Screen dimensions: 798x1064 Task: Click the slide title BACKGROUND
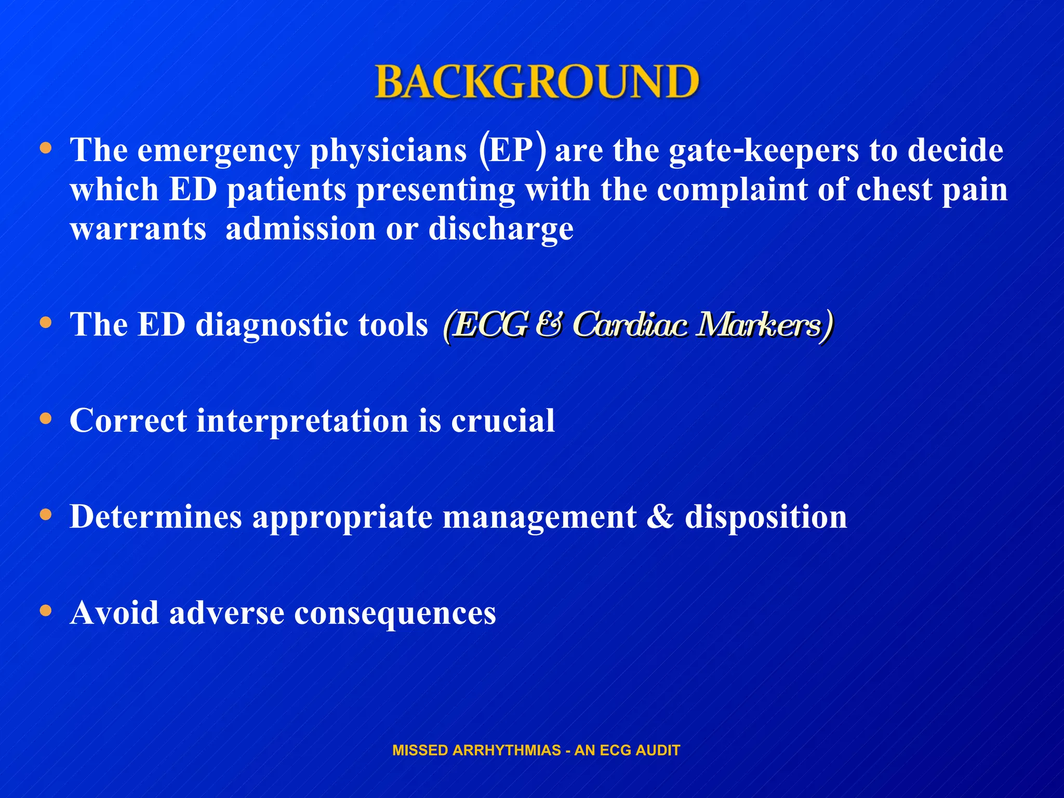[537, 82]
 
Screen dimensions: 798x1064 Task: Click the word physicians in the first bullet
[388, 151]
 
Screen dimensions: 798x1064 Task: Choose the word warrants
[138, 229]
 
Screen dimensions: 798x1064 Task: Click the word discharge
[501, 229]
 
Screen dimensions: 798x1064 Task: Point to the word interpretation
[302, 420]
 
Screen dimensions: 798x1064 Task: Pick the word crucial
[503, 420]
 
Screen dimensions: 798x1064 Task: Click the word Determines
[156, 517]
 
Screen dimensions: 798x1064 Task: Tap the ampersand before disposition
[660, 517]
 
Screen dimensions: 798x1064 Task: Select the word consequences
[395, 613]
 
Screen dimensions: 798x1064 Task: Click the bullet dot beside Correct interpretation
[46, 419]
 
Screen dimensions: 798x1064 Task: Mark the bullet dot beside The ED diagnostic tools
[46, 323]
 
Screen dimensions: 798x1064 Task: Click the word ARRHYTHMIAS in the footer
[507, 750]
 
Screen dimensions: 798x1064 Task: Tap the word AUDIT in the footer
[660, 750]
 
